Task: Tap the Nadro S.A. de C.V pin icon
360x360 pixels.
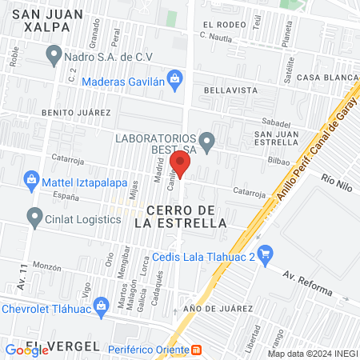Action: pos(54,56)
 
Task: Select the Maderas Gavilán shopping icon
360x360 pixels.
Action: pos(177,78)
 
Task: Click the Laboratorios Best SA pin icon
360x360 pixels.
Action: pos(207,144)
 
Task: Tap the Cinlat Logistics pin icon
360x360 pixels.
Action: pos(34,216)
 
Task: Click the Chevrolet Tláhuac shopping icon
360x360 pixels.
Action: pos(102,305)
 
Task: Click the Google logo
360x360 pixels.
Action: pos(26,350)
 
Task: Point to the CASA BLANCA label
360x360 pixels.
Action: pos(326,78)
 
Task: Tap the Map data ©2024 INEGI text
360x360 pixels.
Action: pos(311,353)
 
